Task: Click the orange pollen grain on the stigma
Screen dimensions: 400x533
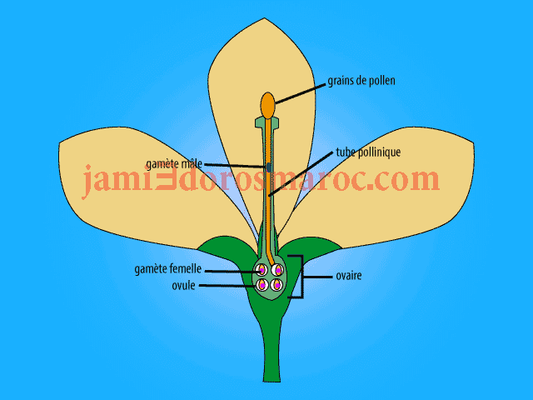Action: [x=267, y=105]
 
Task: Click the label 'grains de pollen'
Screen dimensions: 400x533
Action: [x=361, y=81]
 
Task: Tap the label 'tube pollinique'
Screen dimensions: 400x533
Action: [x=368, y=153]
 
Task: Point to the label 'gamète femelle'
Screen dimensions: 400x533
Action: [x=168, y=270]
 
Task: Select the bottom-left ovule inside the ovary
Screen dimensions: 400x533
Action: [x=261, y=286]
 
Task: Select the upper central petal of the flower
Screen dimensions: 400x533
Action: [x=266, y=67]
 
